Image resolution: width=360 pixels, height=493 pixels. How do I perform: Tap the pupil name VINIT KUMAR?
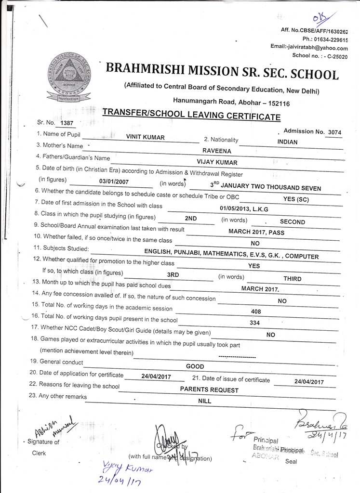tap(145, 137)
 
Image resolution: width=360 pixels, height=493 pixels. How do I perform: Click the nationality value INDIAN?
tap(287, 142)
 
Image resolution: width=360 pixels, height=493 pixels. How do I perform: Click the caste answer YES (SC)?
tap(296, 199)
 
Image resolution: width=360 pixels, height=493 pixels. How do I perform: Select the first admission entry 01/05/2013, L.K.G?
tap(244, 208)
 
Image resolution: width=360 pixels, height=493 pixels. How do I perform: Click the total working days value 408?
tap(256, 311)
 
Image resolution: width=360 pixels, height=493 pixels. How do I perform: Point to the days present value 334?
tap(255, 323)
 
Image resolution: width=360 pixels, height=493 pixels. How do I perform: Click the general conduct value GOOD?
tap(195, 366)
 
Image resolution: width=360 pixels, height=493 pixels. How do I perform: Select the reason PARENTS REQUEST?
tap(209, 389)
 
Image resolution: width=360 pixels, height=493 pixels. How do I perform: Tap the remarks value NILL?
tap(205, 400)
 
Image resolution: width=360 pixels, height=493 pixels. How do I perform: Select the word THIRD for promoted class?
tap(292, 279)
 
